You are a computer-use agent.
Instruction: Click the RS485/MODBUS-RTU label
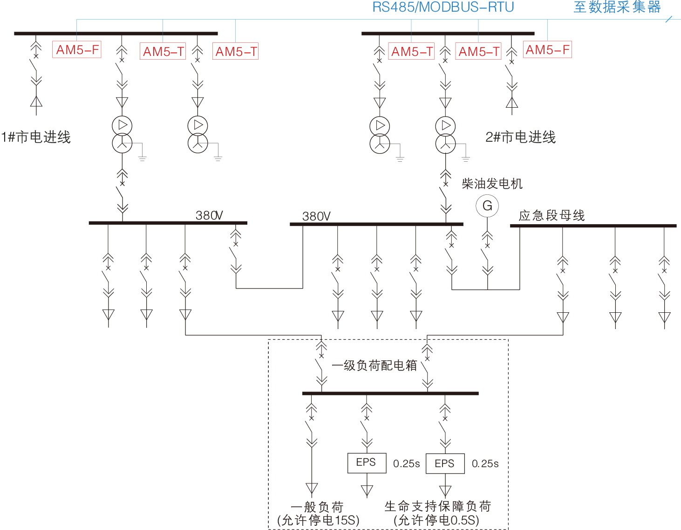coord(443,7)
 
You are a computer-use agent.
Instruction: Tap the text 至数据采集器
coord(617,7)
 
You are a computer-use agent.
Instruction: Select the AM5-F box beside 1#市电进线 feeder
coord(77,50)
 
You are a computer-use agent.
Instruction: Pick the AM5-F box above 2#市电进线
coord(547,50)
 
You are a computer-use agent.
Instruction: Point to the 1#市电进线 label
coord(36,137)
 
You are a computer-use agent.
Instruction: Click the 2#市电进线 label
coord(520,137)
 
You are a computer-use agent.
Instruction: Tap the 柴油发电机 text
coord(492,184)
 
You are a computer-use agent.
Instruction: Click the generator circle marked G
coord(487,206)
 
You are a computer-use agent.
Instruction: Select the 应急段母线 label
coord(552,215)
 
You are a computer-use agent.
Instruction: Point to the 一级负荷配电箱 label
coord(374,365)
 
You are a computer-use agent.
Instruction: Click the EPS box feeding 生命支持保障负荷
coord(445,463)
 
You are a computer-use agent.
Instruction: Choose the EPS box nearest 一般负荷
coord(367,463)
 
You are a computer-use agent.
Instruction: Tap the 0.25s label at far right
coord(485,464)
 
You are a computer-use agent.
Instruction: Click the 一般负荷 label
coord(317,507)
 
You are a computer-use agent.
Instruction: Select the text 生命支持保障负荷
coord(437,506)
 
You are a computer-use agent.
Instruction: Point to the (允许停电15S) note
coord(318,520)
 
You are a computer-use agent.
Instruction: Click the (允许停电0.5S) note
coord(436,520)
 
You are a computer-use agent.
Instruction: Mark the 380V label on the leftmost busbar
coord(209,215)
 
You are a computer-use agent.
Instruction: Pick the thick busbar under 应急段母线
coord(593,226)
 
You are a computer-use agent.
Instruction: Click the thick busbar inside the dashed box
coord(390,393)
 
